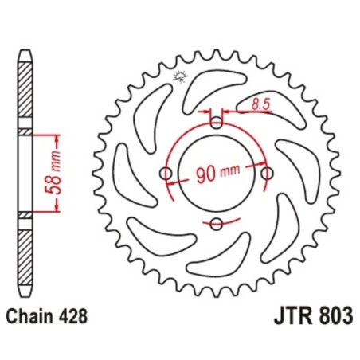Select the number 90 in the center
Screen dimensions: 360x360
tap(204, 174)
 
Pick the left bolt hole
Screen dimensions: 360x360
tap(166, 173)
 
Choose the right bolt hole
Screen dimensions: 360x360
tap(267, 173)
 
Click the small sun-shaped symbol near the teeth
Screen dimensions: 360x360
tap(178, 76)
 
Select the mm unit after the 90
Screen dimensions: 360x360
tap(229, 174)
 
